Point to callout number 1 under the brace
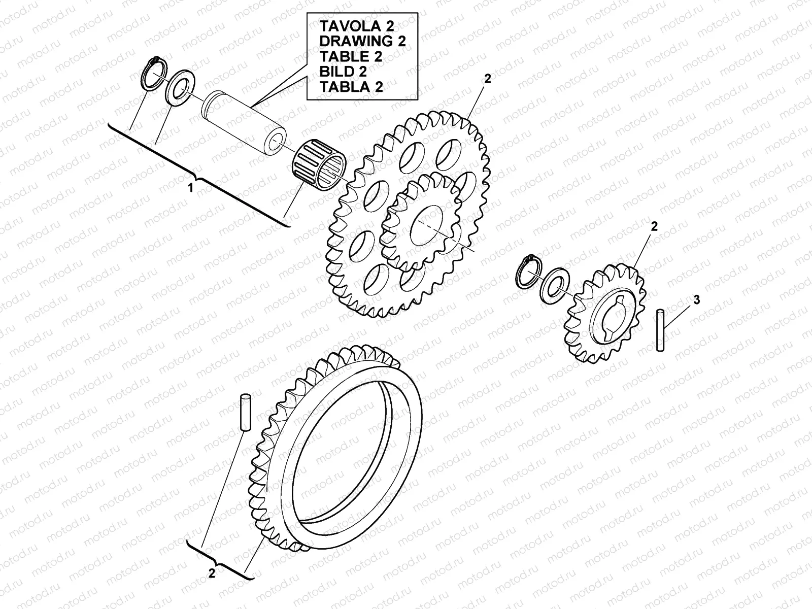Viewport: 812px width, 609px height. (191, 188)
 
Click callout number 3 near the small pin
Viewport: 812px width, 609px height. (696, 300)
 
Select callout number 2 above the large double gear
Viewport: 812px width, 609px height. (488, 79)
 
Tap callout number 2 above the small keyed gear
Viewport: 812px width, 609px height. (654, 227)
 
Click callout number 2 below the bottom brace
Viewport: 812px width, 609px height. (212, 573)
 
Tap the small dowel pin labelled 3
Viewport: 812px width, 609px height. (660, 329)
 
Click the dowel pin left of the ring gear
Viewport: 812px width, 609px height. (246, 412)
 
